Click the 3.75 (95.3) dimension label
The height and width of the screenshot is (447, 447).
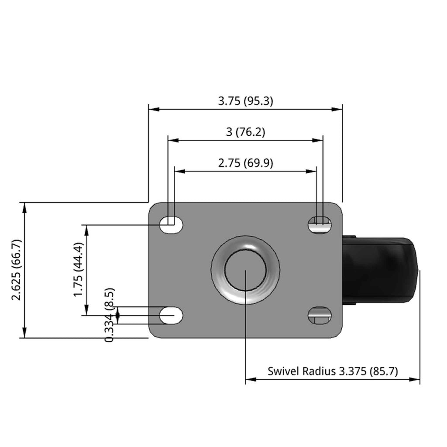(x=245, y=101)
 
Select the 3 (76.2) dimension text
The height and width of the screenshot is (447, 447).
(x=245, y=132)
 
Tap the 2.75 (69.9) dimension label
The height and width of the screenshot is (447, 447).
(x=245, y=163)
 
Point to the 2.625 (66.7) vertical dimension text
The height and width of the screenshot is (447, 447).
(x=17, y=270)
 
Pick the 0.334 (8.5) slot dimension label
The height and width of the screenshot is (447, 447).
(x=110, y=315)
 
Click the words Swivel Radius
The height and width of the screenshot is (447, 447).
(x=302, y=371)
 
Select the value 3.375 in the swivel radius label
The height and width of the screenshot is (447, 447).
(x=352, y=371)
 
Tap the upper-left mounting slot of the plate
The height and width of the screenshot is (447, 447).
(x=171, y=225)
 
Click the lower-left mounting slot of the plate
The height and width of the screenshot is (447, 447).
(x=171, y=315)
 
